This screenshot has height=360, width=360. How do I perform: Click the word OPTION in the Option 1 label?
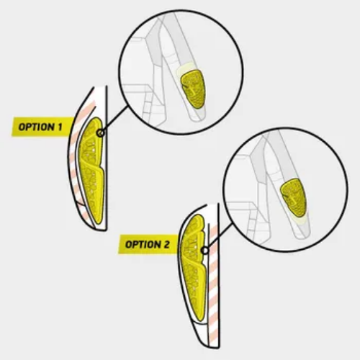tap(37, 127)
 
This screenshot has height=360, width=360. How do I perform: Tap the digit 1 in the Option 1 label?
tap(60, 127)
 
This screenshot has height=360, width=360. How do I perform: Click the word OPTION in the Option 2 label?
tap(143, 245)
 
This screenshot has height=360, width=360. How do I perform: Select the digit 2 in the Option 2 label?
tap(167, 244)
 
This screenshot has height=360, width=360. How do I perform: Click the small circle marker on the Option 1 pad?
tap(101, 132)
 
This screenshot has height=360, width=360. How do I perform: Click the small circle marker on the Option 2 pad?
tap(204, 251)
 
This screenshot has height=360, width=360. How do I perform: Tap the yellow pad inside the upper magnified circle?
tap(193, 89)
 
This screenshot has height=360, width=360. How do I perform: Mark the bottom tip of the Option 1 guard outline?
tap(106, 230)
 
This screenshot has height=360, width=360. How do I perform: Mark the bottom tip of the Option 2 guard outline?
tap(217, 348)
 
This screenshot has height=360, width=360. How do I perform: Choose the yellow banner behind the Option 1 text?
tap(42, 127)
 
